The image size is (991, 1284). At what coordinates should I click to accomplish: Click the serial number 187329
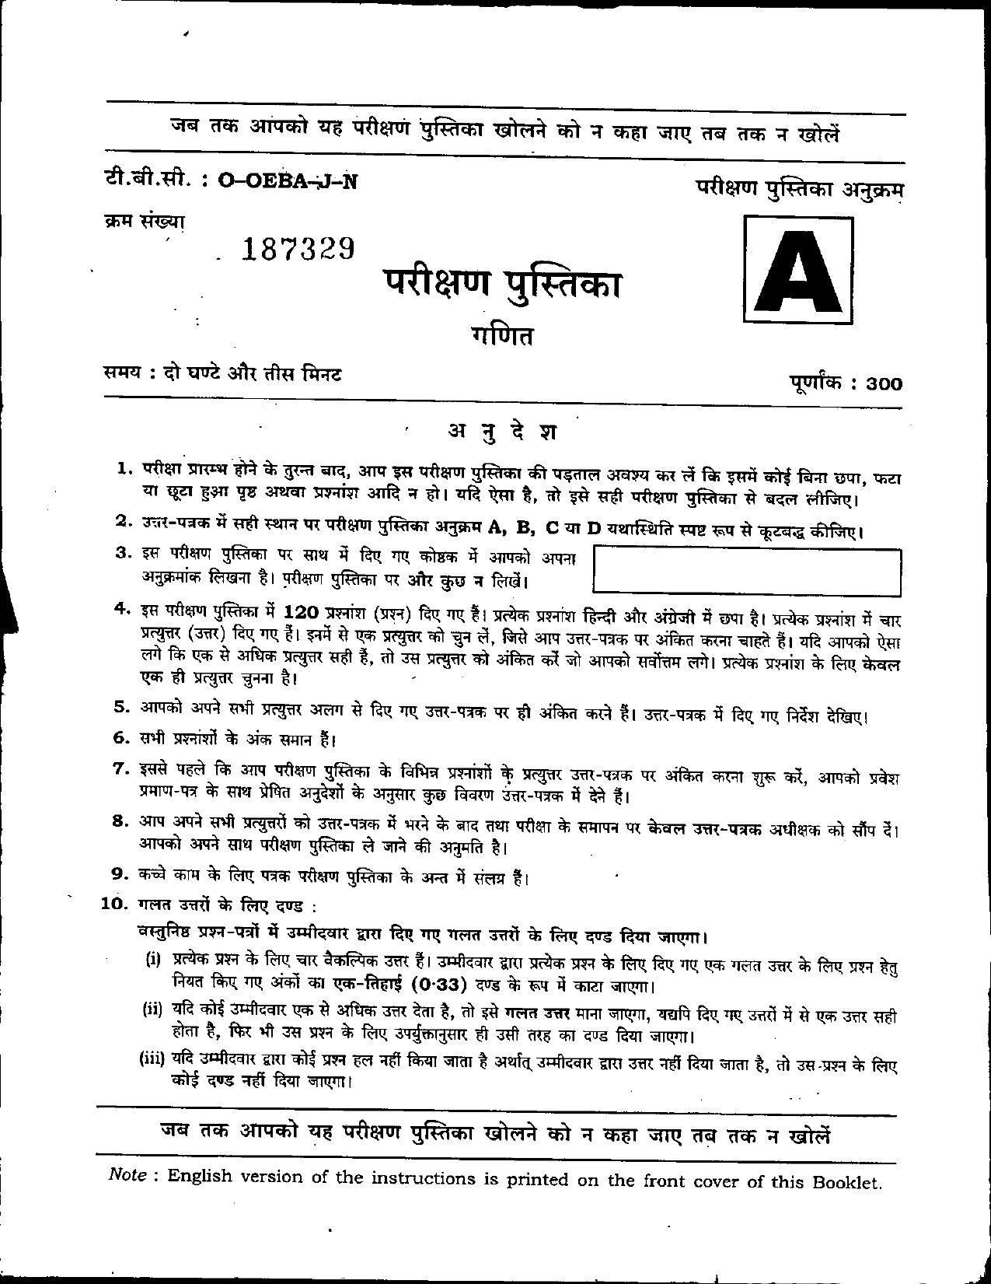[x=298, y=248]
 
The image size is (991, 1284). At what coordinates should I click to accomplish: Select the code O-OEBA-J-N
[x=288, y=180]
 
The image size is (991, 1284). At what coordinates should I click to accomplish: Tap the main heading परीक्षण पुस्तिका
[x=501, y=284]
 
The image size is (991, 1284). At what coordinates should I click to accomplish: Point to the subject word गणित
[x=502, y=337]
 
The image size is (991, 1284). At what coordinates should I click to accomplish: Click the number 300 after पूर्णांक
[x=885, y=383]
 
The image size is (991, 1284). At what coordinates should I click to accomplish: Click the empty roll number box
[x=747, y=571]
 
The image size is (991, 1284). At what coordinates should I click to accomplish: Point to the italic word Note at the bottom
[x=127, y=1175]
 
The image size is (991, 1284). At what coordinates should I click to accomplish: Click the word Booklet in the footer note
[x=846, y=1183]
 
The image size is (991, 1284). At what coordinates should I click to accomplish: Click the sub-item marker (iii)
[x=152, y=1057]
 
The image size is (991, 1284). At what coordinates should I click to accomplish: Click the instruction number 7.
[x=120, y=768]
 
